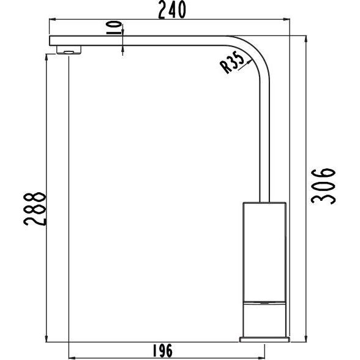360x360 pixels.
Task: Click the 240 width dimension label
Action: pyautogui.click(x=172, y=10)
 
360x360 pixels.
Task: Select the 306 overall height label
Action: pyautogui.click(x=323, y=186)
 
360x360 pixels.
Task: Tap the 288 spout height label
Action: pyautogui.click(x=35, y=209)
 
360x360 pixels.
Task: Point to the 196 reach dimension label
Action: pyautogui.click(x=163, y=351)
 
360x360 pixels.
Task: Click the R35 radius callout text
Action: pyautogui.click(x=233, y=63)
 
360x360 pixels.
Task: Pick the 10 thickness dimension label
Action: pyautogui.click(x=114, y=28)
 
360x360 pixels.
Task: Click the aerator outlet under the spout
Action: pyautogui.click(x=69, y=50)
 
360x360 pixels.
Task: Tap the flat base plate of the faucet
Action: pyautogui.click(x=264, y=339)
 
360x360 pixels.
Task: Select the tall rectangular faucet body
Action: pyautogui.click(x=264, y=252)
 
